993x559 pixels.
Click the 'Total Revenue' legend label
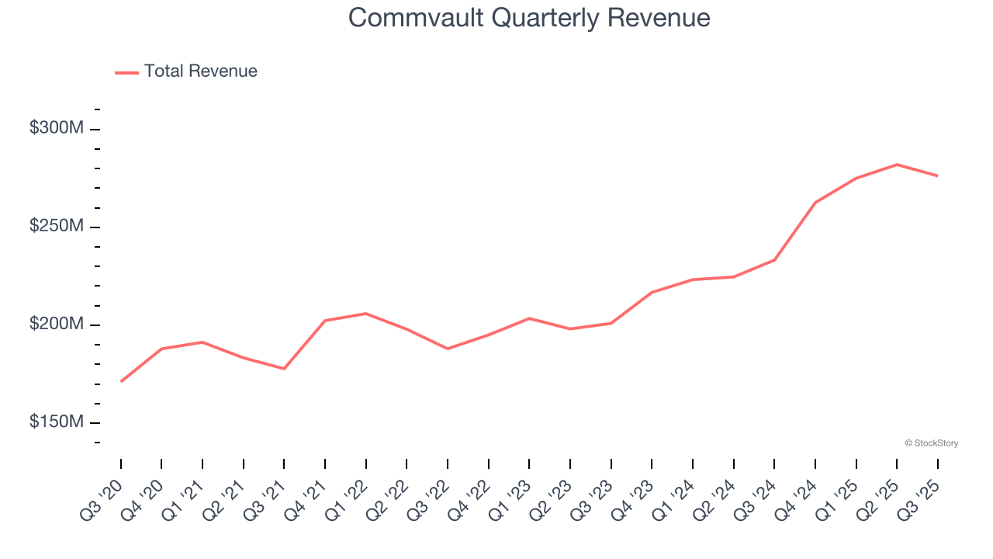point(200,71)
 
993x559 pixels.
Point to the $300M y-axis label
point(57,128)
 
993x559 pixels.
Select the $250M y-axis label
point(57,226)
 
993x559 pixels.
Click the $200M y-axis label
point(57,324)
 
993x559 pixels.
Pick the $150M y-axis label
point(57,422)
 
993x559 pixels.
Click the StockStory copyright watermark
point(931,443)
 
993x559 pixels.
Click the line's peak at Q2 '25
point(897,165)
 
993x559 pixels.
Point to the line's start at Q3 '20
point(121,381)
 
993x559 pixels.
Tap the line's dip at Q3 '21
point(284,369)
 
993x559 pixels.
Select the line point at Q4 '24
point(815,203)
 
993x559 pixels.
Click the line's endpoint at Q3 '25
point(937,175)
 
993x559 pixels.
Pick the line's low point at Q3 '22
point(448,349)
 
